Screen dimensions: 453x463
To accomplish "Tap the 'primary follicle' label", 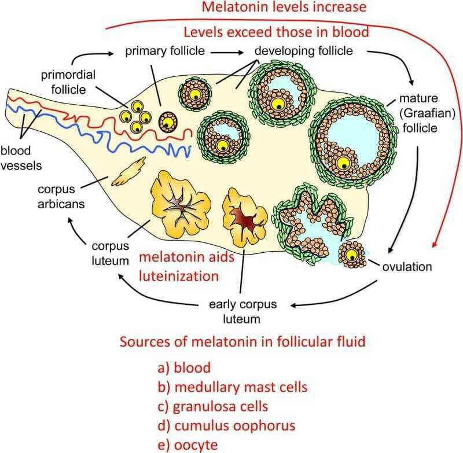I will [166, 51].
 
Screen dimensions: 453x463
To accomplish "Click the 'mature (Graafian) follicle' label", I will [428, 113].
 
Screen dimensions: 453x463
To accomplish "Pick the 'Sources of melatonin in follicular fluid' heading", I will [242, 341].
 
